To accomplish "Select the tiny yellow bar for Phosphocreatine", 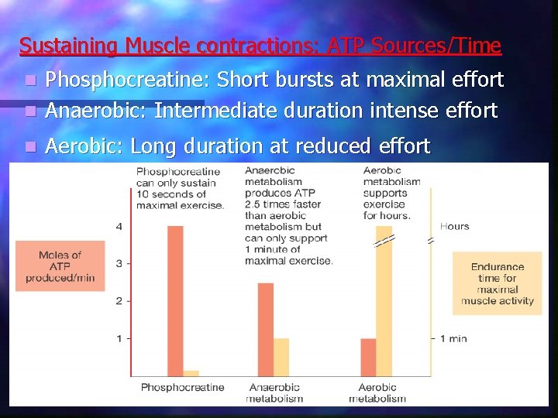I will (191, 373).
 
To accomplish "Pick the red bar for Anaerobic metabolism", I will (266, 330).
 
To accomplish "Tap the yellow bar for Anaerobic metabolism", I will (281, 357).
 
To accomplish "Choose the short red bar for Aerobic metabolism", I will (368, 357).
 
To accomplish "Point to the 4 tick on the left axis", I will (119, 226).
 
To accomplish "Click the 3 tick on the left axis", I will (119, 263).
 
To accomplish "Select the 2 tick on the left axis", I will (119, 300).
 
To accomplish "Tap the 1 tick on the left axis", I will (119, 338).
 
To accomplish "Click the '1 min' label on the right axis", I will (453, 338).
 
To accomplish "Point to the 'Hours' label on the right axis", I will (454, 226).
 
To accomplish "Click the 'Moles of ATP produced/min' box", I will (60, 266).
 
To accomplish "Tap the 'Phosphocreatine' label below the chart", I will (182, 388).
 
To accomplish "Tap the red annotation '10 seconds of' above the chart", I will (174, 194).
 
